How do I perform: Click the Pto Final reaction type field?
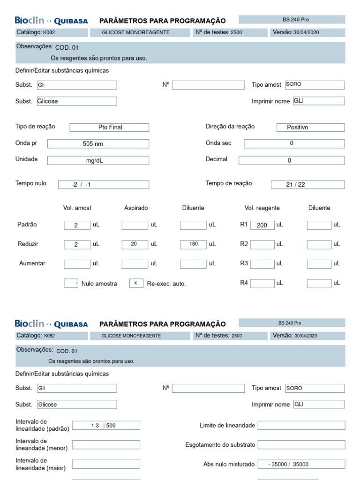109,127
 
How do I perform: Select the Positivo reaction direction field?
310,127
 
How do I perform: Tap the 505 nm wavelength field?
98,144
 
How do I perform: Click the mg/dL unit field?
98,160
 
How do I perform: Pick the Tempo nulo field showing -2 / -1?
104,185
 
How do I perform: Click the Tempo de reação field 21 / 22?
307,185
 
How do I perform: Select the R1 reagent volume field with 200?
262,225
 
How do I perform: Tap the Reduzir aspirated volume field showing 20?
135,244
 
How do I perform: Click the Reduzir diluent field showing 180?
193,244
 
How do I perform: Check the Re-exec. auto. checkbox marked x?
136,283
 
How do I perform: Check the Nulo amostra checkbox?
71,283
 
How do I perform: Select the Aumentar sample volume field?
77,264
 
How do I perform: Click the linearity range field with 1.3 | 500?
106,425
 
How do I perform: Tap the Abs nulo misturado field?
301,464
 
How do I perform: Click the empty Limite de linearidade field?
301,425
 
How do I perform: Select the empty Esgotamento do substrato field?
301,444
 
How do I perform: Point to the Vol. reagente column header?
262,208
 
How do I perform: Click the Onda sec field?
294,143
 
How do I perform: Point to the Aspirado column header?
136,208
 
